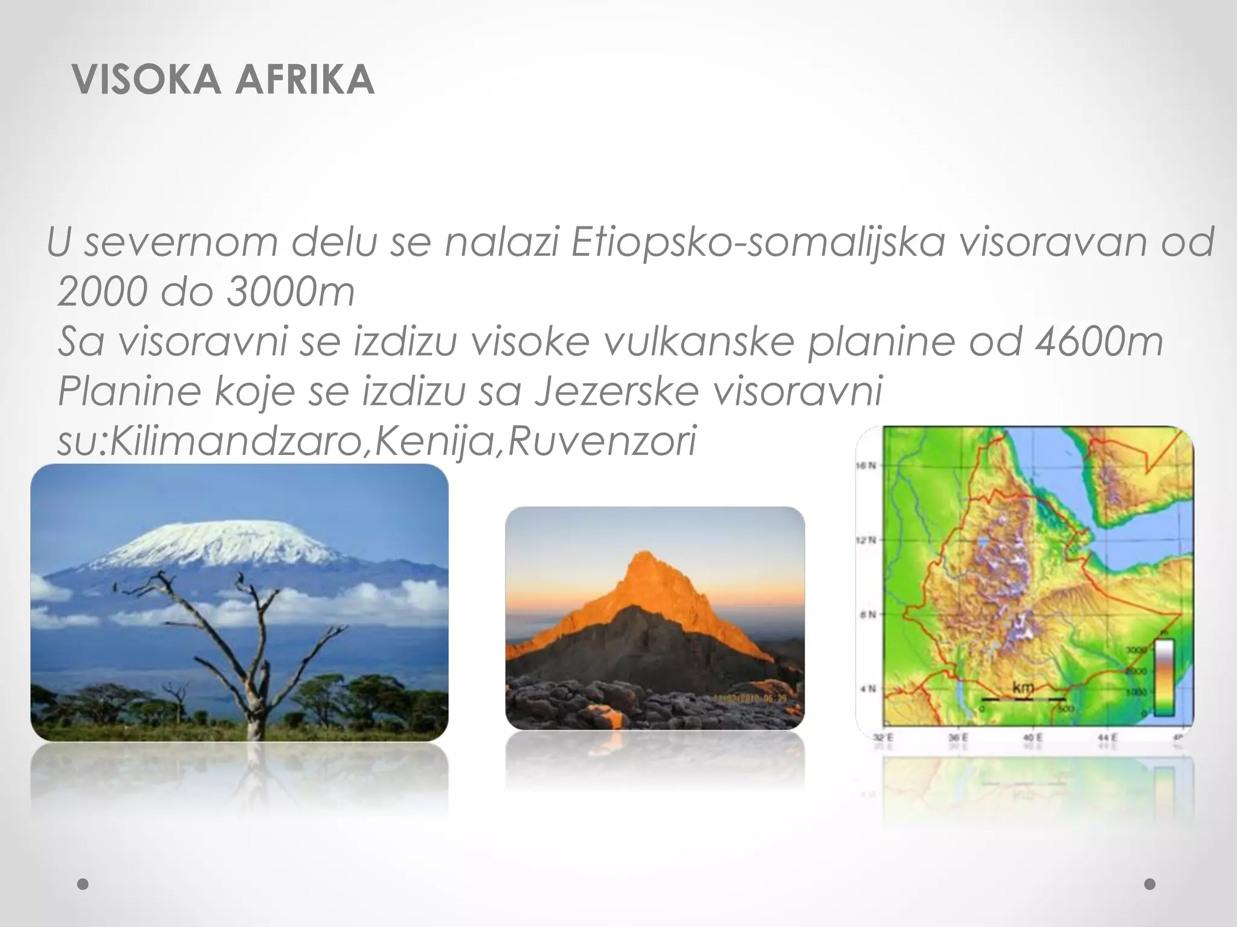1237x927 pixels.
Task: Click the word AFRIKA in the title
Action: click(305, 80)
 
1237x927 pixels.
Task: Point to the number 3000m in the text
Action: click(290, 292)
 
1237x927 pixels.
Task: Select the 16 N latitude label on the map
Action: click(867, 465)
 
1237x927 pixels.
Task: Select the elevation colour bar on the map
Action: click(1164, 677)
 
